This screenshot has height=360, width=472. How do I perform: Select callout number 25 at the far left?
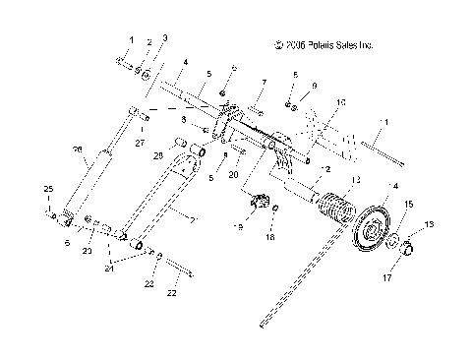[x=46, y=188]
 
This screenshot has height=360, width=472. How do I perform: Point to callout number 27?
[x=140, y=142]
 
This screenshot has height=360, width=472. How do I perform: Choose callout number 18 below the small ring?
[x=273, y=237]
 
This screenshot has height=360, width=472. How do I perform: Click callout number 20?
[x=234, y=174]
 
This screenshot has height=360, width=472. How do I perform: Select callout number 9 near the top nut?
[x=314, y=88]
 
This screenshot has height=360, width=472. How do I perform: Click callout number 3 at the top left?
[x=165, y=38]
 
